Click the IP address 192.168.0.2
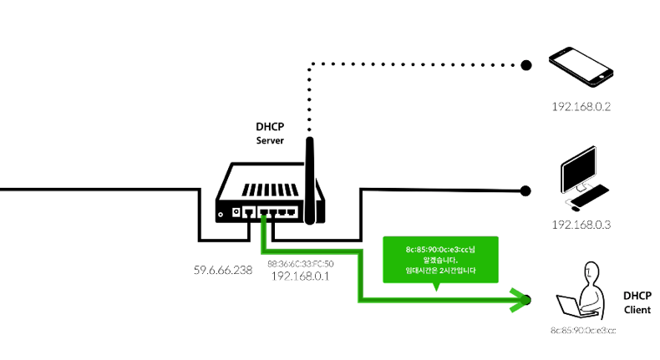click(x=582, y=108)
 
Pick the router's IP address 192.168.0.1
click(x=300, y=275)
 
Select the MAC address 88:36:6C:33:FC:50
click(x=300, y=263)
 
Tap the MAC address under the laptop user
click(x=582, y=332)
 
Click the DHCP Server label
click(x=270, y=134)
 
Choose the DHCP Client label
click(x=637, y=302)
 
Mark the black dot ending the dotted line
click(x=526, y=64)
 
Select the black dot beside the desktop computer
click(x=526, y=190)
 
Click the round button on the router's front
click(x=221, y=215)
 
